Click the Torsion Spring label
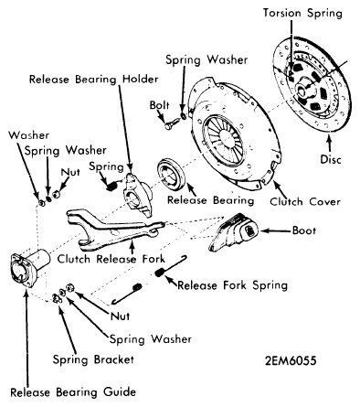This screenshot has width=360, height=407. tap(302, 14)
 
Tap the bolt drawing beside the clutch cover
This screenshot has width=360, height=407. tap(172, 124)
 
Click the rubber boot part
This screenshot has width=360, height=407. tap(234, 233)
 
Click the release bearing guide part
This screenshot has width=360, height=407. tap(29, 268)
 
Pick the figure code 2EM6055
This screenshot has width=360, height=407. tap(291, 360)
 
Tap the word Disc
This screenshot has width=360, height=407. tap(331, 159)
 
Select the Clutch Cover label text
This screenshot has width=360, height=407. tap(305, 201)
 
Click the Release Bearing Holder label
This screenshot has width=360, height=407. tap(94, 80)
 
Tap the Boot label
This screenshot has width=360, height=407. tap(304, 230)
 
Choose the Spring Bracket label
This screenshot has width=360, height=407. tap(93, 359)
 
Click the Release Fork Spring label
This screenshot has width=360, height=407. tap(233, 285)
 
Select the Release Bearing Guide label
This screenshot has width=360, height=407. tap(73, 391)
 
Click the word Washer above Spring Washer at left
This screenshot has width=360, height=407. tap(29, 135)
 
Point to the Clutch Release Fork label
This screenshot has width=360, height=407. tap(111, 259)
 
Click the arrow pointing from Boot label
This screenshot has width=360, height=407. tap(275, 230)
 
